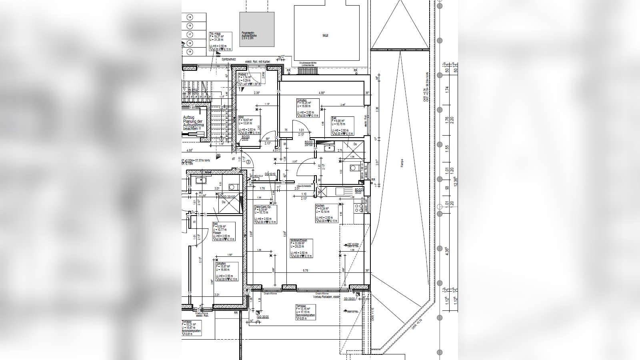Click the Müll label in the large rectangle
pyautogui.click(x=325, y=36)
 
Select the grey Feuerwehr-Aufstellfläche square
pyautogui.click(x=257, y=29)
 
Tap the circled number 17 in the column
pyautogui.click(x=190, y=34)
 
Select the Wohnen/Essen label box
pyautogui.click(x=301, y=248)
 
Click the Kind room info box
pyautogui.click(x=249, y=126)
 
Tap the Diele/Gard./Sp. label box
pyautogui.click(x=265, y=215)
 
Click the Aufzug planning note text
pyautogui.click(x=193, y=123)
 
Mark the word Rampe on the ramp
pyautogui.click(x=402, y=163)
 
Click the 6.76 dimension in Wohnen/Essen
pyautogui.click(x=306, y=271)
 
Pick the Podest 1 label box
pyautogui.click(x=249, y=79)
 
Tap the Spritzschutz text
pyautogui.click(x=229, y=59)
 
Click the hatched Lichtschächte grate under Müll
pyautogui.click(x=308, y=70)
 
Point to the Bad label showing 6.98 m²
pyautogui.click(x=342, y=126)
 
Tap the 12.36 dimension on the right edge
pyautogui.click(x=455, y=181)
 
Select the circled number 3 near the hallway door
pyautogui.click(x=248, y=162)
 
